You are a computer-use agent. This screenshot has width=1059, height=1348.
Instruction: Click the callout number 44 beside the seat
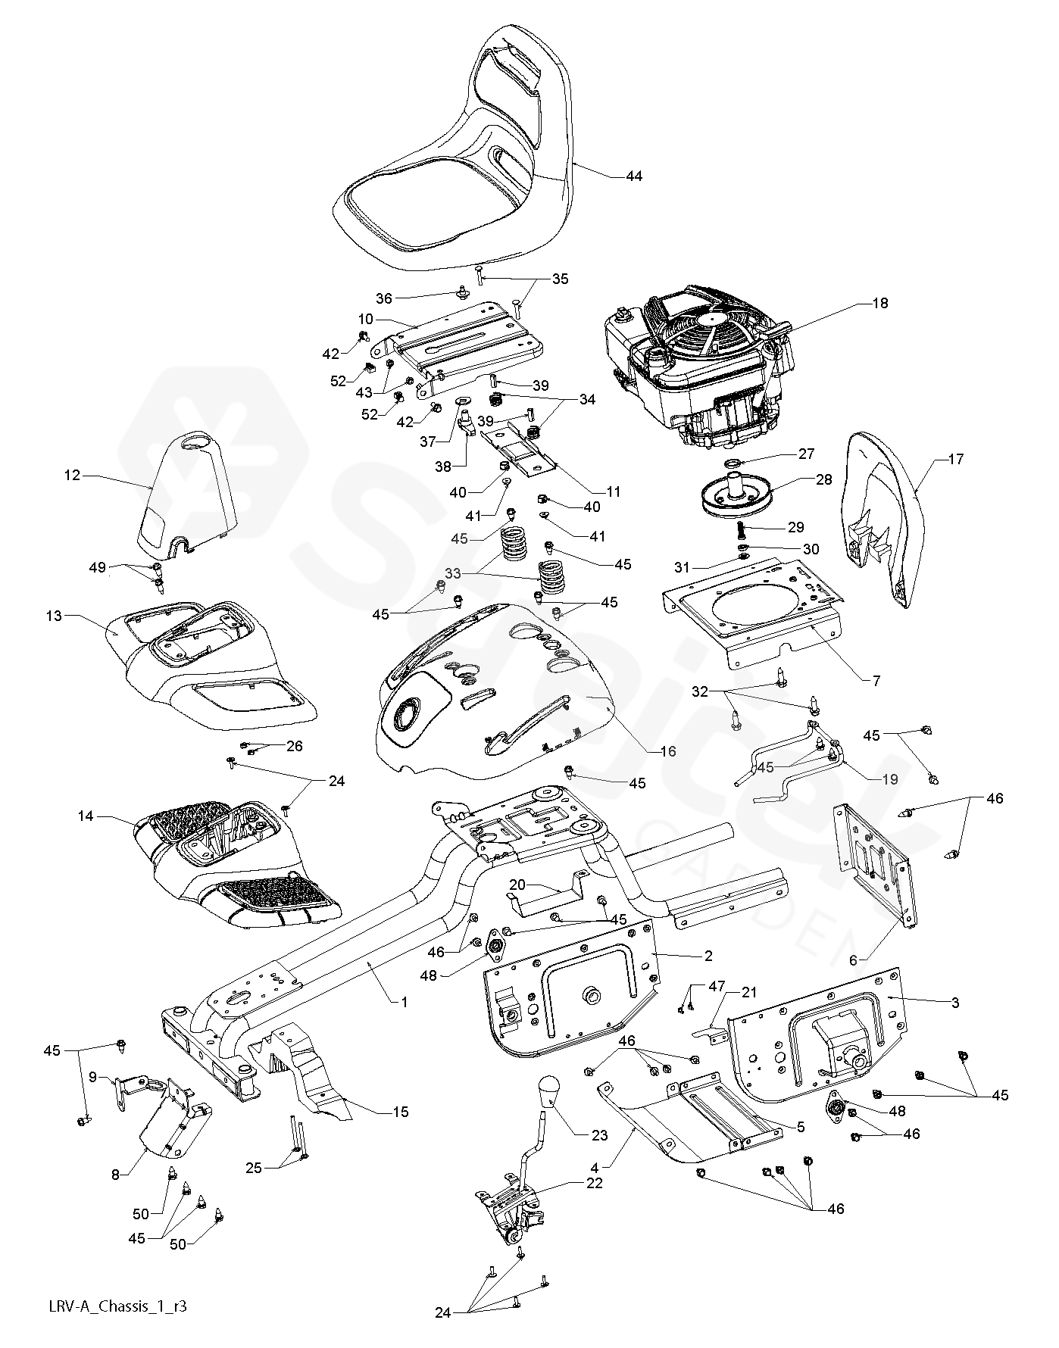coord(633,176)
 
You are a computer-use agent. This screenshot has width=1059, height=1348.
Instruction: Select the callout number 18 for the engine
coord(879,303)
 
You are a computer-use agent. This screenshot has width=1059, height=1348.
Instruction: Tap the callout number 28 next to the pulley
coord(824,479)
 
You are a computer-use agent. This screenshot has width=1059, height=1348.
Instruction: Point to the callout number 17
coord(955,459)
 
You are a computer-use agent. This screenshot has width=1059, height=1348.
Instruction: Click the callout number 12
coord(72,476)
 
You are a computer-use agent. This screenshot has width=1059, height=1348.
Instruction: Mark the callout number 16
coord(667,751)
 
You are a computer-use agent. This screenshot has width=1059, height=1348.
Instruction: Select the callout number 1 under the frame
coord(405,1002)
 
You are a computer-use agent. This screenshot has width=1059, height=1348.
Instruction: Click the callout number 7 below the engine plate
coord(876,681)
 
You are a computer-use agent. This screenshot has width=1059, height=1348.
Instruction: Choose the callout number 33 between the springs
coord(473,574)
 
